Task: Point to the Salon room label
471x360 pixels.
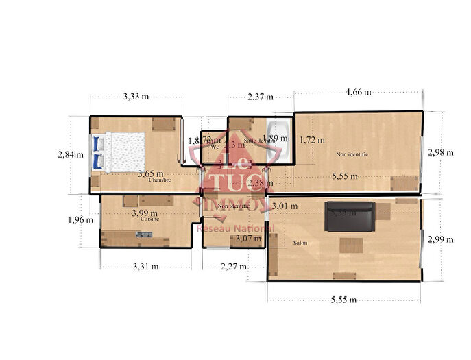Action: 300,243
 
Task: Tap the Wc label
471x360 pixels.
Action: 215,147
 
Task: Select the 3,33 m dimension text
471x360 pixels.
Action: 136,97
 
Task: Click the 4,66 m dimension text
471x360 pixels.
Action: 358,92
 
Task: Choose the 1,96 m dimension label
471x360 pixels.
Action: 80,220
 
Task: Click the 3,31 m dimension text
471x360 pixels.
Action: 145,266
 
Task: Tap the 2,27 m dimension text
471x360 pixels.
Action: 234,267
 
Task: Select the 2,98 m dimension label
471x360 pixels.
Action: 440,152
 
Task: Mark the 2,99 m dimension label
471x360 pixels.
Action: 440,239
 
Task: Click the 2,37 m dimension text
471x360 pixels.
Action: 261,97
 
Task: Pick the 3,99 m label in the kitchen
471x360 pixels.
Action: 145,213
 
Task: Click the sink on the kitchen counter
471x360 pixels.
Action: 144,235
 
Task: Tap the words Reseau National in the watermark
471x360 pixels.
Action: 236,228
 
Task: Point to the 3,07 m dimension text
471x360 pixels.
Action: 248,239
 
